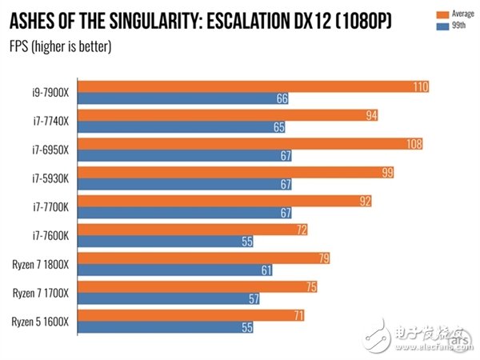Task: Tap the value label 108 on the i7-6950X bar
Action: click(x=413, y=144)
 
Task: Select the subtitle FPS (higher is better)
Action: click(x=60, y=47)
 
